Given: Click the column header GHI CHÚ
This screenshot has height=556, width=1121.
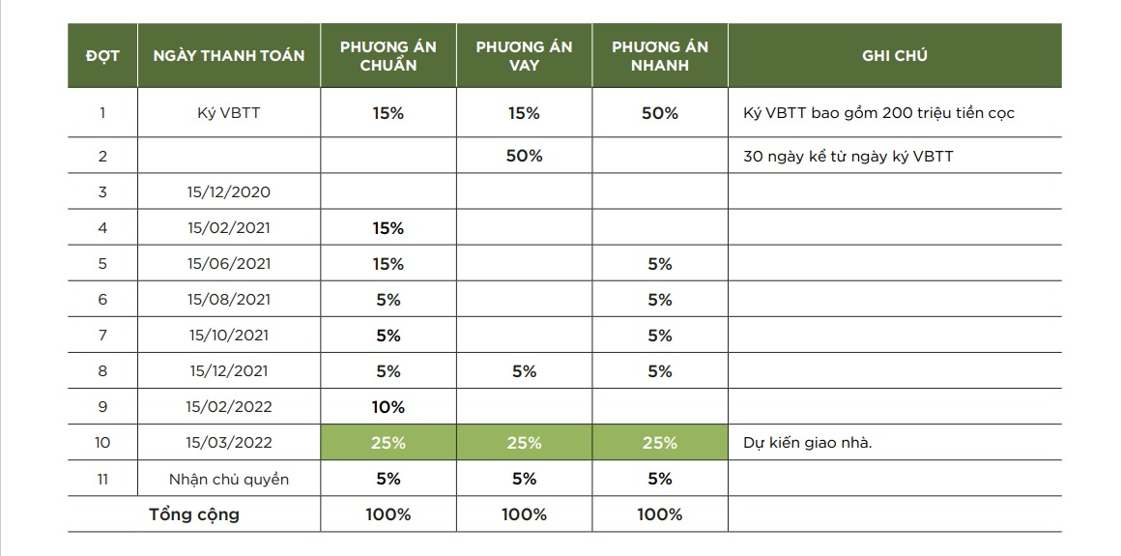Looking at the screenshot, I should click(x=894, y=56).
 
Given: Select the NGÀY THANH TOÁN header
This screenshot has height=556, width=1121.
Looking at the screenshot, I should click(x=229, y=56).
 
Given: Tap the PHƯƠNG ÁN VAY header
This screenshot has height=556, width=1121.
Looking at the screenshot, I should click(x=524, y=56).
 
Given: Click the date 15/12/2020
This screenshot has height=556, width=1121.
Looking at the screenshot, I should click(x=229, y=191).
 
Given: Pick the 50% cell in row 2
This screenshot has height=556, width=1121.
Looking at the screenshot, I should click(x=524, y=156).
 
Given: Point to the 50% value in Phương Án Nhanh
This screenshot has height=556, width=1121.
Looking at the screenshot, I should click(x=660, y=113).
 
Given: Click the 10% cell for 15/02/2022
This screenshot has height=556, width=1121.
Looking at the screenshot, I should click(x=388, y=407).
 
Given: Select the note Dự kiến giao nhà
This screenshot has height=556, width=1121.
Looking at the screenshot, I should click(x=808, y=443).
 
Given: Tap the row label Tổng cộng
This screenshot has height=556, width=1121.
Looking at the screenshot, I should click(x=194, y=514).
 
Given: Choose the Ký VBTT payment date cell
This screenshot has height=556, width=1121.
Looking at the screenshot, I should click(x=228, y=113).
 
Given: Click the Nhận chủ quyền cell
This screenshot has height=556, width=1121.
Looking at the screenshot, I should click(x=228, y=479).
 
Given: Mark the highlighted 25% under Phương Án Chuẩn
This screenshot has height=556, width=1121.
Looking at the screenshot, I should click(x=388, y=443).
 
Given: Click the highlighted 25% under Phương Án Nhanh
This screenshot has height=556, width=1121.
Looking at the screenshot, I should click(x=660, y=443).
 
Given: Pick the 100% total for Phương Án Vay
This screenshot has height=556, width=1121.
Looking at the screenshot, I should click(x=524, y=514).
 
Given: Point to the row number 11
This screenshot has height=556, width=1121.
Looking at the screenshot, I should click(x=102, y=479).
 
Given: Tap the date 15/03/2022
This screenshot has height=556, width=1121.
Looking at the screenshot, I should click(x=229, y=443).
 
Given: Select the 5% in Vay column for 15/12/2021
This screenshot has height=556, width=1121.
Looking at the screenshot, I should click(x=524, y=371).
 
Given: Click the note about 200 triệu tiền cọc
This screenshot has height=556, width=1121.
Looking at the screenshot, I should click(x=878, y=113).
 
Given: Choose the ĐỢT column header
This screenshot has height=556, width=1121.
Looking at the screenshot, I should click(x=102, y=56).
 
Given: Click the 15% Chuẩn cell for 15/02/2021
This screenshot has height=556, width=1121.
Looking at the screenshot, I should click(x=388, y=228).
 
